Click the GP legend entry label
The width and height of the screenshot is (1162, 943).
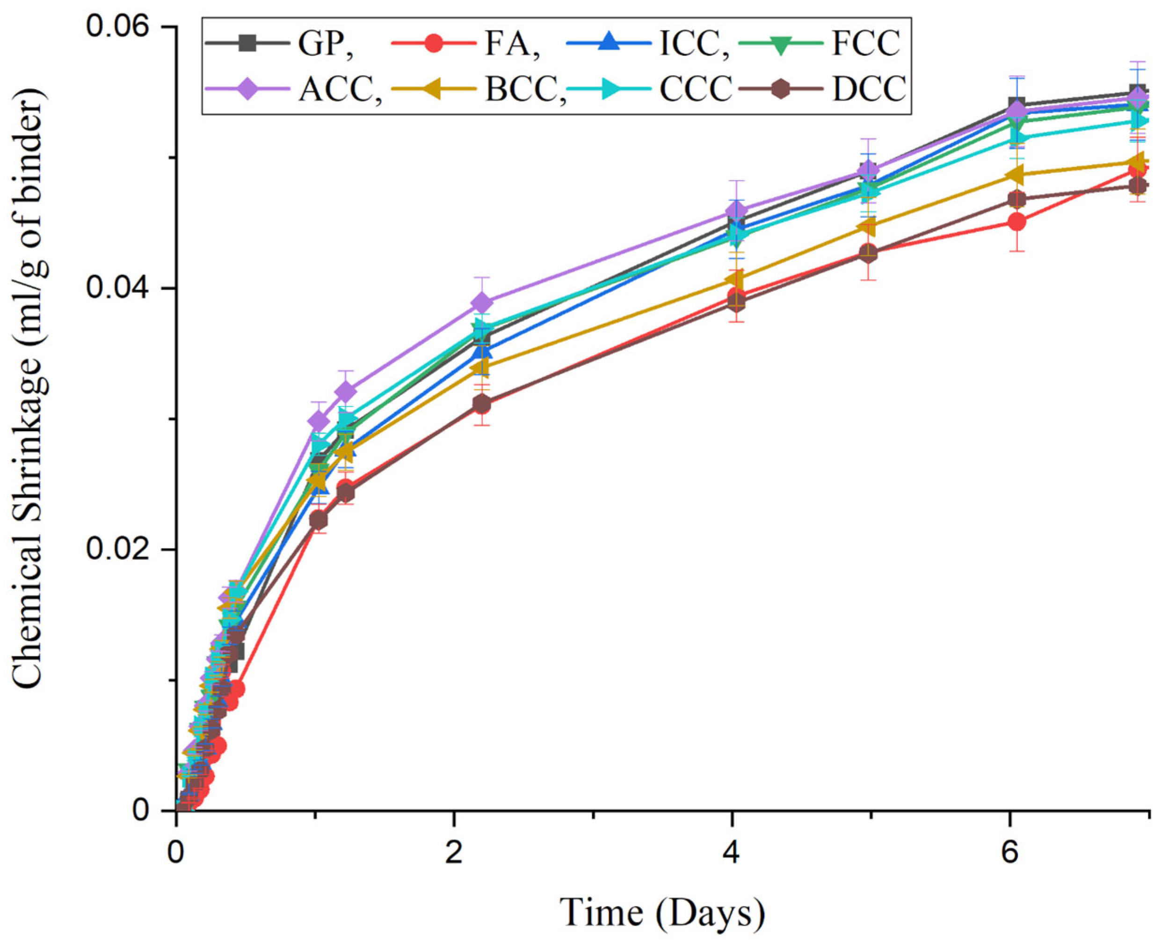point(325,44)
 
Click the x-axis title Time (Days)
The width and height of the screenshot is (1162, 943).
point(662,912)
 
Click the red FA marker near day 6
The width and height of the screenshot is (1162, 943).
point(1017,222)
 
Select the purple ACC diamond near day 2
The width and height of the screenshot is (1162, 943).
point(481,302)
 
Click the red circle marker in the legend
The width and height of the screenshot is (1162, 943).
point(433,44)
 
